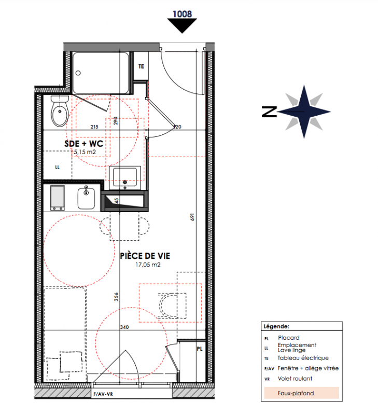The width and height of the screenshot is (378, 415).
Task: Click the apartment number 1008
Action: pos(182,14)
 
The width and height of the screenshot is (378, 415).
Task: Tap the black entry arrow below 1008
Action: pos(182,25)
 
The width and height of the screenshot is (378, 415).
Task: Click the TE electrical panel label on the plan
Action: pos(141,66)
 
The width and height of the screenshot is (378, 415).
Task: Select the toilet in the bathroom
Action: pos(60,111)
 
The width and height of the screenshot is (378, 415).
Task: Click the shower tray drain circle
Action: pos(78,73)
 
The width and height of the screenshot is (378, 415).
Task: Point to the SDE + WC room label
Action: pos(83,144)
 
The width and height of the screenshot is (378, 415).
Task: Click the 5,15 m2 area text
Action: pos(85,152)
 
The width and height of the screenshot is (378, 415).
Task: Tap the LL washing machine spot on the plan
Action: pos(58,167)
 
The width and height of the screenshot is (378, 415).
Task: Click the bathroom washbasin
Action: pos(125,177)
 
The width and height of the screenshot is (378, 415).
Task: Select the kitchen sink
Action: pos(86,198)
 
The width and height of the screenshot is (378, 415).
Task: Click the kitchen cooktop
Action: pos(58,198)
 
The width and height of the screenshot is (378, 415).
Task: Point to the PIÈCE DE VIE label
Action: pos(145,256)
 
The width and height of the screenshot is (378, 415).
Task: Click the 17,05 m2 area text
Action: pos(148,265)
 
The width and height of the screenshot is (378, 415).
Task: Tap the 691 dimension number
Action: pos(192,217)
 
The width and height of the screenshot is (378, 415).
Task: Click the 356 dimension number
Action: pos(116,297)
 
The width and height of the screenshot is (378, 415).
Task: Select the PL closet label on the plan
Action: pos(200,349)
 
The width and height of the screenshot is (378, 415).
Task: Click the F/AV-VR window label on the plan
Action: pos(103,394)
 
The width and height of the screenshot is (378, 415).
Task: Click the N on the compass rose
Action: pos(269,112)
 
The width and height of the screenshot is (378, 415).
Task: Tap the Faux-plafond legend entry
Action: pos(296,393)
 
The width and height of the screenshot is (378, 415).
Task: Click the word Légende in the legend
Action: pos(276,326)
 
